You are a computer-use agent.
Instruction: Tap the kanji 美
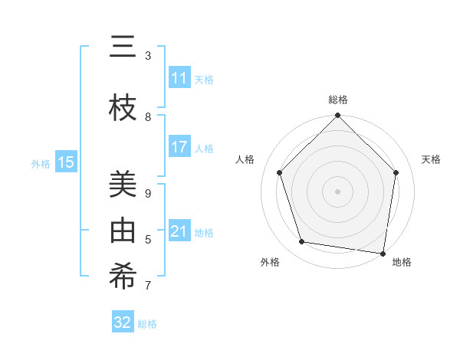pos(123,185)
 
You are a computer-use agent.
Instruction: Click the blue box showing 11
pos(179,78)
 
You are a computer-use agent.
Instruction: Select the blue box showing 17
pos(179,147)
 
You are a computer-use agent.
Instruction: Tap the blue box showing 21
pos(179,231)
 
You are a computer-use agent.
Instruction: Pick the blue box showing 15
pos(66,162)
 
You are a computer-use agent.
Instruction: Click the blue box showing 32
pos(123,322)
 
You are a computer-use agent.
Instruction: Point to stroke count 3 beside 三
pos(148,56)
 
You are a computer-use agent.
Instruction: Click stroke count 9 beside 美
pos(148,194)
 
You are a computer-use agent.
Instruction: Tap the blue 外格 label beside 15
pos(41,163)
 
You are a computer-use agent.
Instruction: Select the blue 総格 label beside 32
pos(148,324)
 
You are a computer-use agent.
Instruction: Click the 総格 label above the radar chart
pos(338,100)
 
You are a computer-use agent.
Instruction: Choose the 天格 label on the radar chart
pos(431,159)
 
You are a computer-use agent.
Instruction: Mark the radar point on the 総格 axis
pos(337,116)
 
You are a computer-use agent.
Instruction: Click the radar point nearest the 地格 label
pos(383,253)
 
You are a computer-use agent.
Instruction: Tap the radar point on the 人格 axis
pos(280,172)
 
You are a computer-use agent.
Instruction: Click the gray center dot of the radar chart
pos(337,191)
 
